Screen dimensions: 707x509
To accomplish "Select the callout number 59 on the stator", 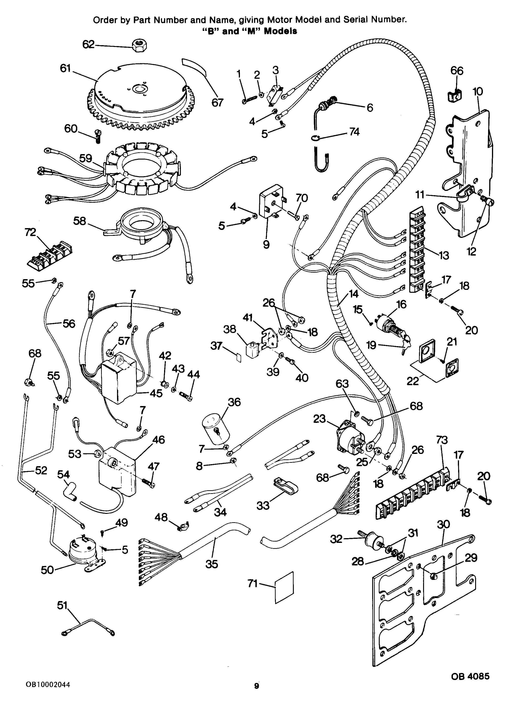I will tap(85, 158).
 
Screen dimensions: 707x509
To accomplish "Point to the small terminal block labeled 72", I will tap(49, 252).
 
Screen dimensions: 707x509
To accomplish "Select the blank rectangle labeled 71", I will tap(284, 587).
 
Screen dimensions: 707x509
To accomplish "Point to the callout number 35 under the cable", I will tap(212, 564).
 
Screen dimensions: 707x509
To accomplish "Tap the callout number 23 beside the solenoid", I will tap(319, 419).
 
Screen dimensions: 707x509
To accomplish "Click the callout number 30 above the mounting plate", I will tap(443, 524).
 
